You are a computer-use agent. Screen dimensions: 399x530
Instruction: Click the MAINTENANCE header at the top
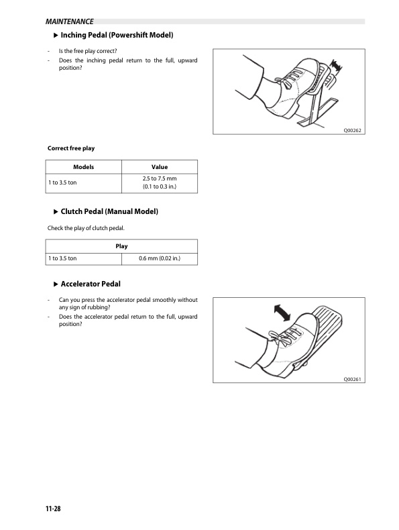[70, 21]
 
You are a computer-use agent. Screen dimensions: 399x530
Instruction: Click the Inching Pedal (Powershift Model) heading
[117, 35]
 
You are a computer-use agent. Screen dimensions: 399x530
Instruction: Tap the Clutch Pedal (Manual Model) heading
[109, 211]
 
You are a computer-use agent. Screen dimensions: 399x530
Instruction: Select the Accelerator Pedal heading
[91, 284]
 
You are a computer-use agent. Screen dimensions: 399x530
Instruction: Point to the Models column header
[83, 167]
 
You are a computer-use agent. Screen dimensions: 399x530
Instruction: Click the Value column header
[160, 167]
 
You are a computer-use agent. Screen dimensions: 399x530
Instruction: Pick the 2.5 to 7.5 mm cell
[160, 182]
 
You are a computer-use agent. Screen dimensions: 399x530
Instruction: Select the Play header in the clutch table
[121, 246]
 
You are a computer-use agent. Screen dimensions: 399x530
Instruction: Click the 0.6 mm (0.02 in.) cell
[160, 258]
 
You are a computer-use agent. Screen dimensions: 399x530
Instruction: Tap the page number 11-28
[53, 509]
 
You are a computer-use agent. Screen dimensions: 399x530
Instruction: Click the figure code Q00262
[352, 130]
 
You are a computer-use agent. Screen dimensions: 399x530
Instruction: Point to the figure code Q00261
[352, 379]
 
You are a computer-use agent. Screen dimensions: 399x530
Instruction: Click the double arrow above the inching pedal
[335, 66]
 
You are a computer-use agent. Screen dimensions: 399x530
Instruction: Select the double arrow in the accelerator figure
[282, 313]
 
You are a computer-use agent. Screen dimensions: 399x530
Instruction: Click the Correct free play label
[71, 148]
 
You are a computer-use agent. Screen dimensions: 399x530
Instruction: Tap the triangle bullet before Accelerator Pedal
[56, 284]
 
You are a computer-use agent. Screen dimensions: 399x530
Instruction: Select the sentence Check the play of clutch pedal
[86, 228]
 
